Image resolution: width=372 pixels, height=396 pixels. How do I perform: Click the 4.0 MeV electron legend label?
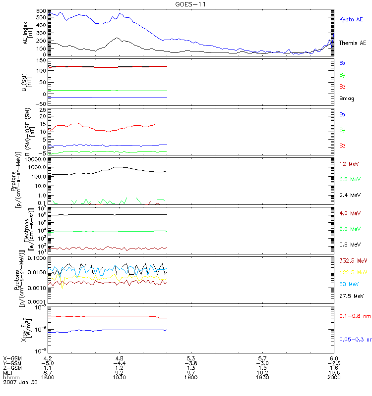tap(350, 213)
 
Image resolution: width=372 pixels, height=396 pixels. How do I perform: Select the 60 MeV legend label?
tap(349, 284)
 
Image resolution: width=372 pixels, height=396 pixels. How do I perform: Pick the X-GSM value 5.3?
tap(191, 357)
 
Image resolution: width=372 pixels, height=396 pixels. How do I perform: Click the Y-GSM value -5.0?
tap(48, 362)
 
